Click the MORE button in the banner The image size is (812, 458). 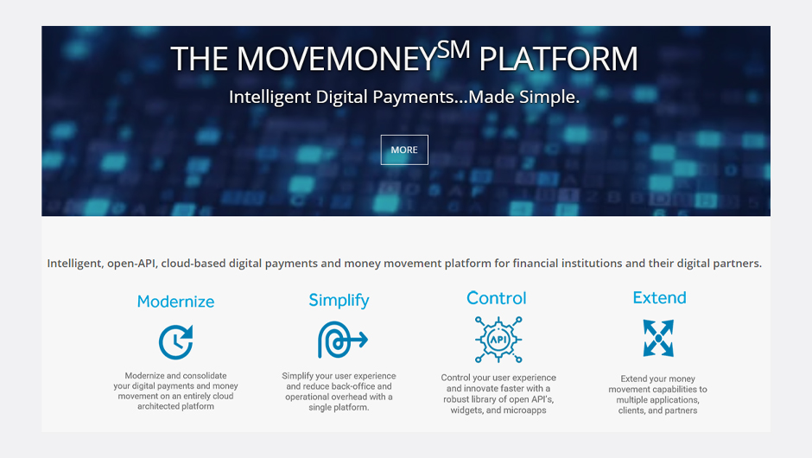click(x=404, y=149)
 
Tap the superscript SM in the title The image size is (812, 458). click(x=454, y=51)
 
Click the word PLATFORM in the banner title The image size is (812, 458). click(x=558, y=59)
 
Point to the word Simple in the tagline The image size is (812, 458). click(x=549, y=97)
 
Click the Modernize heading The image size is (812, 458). click(x=175, y=302)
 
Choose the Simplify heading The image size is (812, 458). click(x=339, y=301)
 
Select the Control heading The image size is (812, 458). click(x=497, y=298)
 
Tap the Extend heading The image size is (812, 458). click(x=660, y=297)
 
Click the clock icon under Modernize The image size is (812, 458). click(x=175, y=342)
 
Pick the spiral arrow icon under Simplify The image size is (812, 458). click(x=342, y=340)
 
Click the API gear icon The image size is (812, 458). click(x=498, y=340)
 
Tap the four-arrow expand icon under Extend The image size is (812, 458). click(x=658, y=339)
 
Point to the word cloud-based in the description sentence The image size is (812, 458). click(x=193, y=264)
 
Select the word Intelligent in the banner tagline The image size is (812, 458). click(x=270, y=97)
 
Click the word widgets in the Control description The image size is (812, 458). click(x=466, y=410)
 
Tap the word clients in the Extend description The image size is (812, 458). click(x=631, y=410)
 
